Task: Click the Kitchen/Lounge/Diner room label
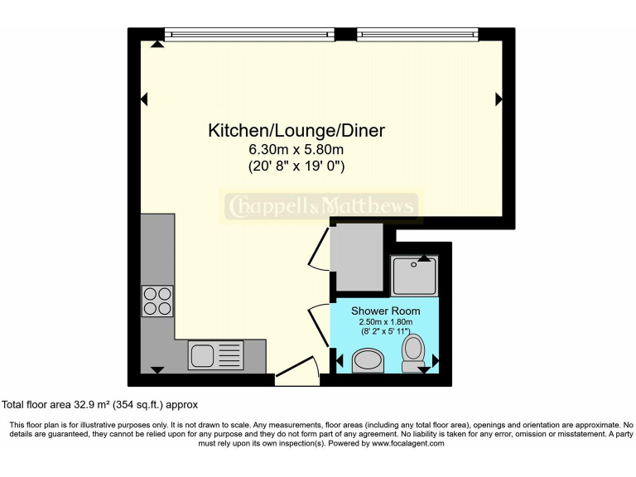pyautogui.click(x=296, y=130)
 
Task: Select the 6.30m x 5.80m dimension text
pyautogui.click(x=296, y=150)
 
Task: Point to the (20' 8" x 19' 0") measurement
pyautogui.click(x=296, y=166)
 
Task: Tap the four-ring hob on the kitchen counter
pyautogui.click(x=157, y=301)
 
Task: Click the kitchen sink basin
pyautogui.click(x=202, y=355)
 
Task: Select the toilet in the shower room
pyautogui.click(x=412, y=353)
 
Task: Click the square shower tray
pyautogui.click(x=413, y=275)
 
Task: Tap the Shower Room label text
pyautogui.click(x=384, y=311)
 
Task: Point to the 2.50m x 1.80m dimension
pyautogui.click(x=384, y=322)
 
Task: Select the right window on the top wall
pyautogui.click(x=418, y=35)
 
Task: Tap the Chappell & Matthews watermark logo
pyautogui.click(x=320, y=205)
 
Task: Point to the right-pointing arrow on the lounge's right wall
pyautogui.click(x=499, y=99)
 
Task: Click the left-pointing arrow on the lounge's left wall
pyautogui.click(x=144, y=99)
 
